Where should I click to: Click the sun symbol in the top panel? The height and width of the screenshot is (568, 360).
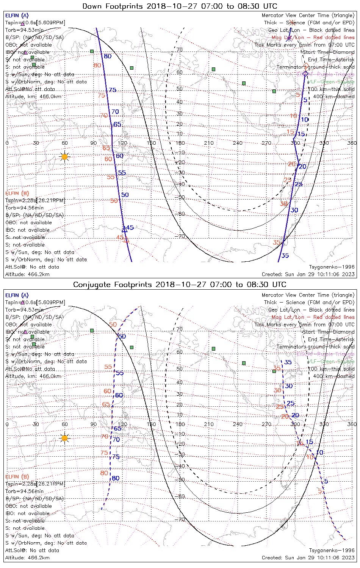pyautogui.click(x=64, y=156)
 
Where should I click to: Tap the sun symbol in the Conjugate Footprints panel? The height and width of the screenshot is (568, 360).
pyautogui.click(x=64, y=438)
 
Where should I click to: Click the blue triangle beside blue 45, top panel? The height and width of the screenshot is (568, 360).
pyautogui.click(x=124, y=229)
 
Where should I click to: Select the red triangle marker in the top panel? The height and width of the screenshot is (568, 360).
pyautogui.click(x=127, y=240)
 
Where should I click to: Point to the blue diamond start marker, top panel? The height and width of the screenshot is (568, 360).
pyautogui.click(x=305, y=73)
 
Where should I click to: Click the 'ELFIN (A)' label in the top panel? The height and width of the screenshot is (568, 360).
pyautogui.click(x=17, y=16)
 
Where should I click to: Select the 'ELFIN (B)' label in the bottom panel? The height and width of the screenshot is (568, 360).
pyautogui.click(x=17, y=476)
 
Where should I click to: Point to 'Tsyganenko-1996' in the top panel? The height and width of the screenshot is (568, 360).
pyautogui.click(x=332, y=267)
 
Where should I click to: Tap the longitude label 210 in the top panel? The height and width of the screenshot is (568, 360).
pyautogui.click(x=209, y=143)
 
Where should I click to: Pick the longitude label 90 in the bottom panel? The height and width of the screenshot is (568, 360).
pyautogui.click(x=94, y=424)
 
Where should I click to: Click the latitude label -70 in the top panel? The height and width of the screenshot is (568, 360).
pyautogui.click(x=181, y=237)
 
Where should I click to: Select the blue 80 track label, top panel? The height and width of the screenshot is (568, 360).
pyautogui.click(x=108, y=56)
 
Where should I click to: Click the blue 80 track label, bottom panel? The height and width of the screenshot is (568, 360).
pyautogui.click(x=116, y=478)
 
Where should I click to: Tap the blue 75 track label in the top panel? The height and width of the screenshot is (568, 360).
pyautogui.click(x=113, y=90)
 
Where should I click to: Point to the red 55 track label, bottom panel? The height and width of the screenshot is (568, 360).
pyautogui.click(x=108, y=367)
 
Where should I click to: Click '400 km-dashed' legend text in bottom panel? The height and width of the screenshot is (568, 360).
pyautogui.click(x=334, y=376)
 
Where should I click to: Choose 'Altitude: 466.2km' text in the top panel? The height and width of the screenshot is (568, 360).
pyautogui.click(x=27, y=274)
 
